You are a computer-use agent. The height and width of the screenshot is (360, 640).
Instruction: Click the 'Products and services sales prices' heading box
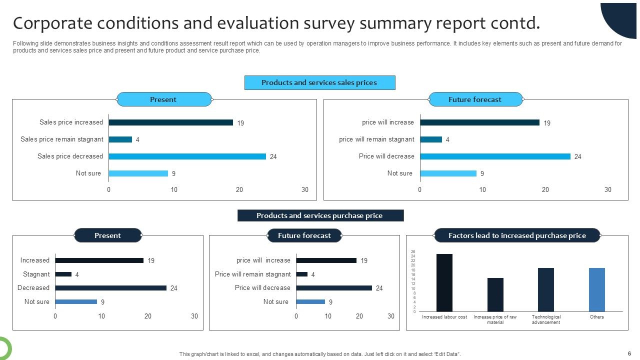(319, 82)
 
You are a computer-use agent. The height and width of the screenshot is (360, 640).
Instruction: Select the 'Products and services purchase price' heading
(320, 215)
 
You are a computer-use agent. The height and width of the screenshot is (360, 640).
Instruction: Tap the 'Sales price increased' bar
(170, 122)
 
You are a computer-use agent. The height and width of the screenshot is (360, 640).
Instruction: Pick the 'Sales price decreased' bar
(187, 156)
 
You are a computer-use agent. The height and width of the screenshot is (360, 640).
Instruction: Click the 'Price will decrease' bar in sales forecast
(495, 156)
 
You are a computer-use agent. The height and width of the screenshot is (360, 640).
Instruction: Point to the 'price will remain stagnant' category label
(376, 139)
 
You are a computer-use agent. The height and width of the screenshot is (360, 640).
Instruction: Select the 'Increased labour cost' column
(444, 282)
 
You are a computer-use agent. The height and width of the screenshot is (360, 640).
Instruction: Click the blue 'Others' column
(596, 289)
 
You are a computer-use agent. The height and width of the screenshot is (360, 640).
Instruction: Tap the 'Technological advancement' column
(546, 289)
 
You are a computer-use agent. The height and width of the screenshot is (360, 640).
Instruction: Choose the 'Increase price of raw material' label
(495, 319)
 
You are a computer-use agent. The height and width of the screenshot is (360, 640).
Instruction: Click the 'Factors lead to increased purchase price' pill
(517, 235)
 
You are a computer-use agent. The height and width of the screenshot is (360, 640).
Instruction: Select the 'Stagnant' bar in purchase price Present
(63, 274)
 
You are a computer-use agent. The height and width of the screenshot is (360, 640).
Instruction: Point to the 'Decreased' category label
(33, 288)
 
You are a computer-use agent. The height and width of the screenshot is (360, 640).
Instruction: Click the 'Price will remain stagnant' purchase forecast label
(252, 274)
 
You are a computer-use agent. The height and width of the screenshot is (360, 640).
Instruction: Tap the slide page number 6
(629, 353)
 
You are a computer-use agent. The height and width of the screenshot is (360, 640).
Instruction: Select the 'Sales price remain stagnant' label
(62, 139)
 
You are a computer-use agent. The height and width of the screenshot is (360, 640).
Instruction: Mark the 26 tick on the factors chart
(413, 251)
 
